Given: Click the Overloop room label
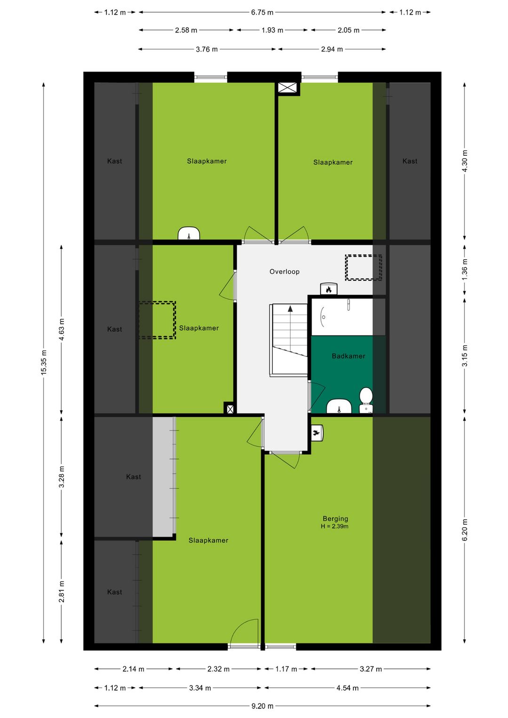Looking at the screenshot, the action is [284, 271].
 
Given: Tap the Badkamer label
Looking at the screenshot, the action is [349, 356].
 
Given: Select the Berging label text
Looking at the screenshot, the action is [335, 519].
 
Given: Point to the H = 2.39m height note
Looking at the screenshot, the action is [334, 526].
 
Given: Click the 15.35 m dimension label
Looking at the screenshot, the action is [44, 362].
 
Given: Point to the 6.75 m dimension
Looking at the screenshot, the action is [262, 13].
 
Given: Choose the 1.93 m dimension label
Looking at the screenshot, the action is [272, 30].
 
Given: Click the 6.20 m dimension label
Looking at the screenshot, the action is [465, 529].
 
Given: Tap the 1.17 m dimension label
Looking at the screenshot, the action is [286, 669].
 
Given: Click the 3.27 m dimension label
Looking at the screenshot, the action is [371, 669].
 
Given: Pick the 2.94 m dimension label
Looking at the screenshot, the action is [332, 49].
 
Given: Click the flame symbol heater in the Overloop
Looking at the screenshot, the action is [328, 289].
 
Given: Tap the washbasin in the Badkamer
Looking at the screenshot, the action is [339, 407].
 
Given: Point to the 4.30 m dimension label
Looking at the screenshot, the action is [465, 161].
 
